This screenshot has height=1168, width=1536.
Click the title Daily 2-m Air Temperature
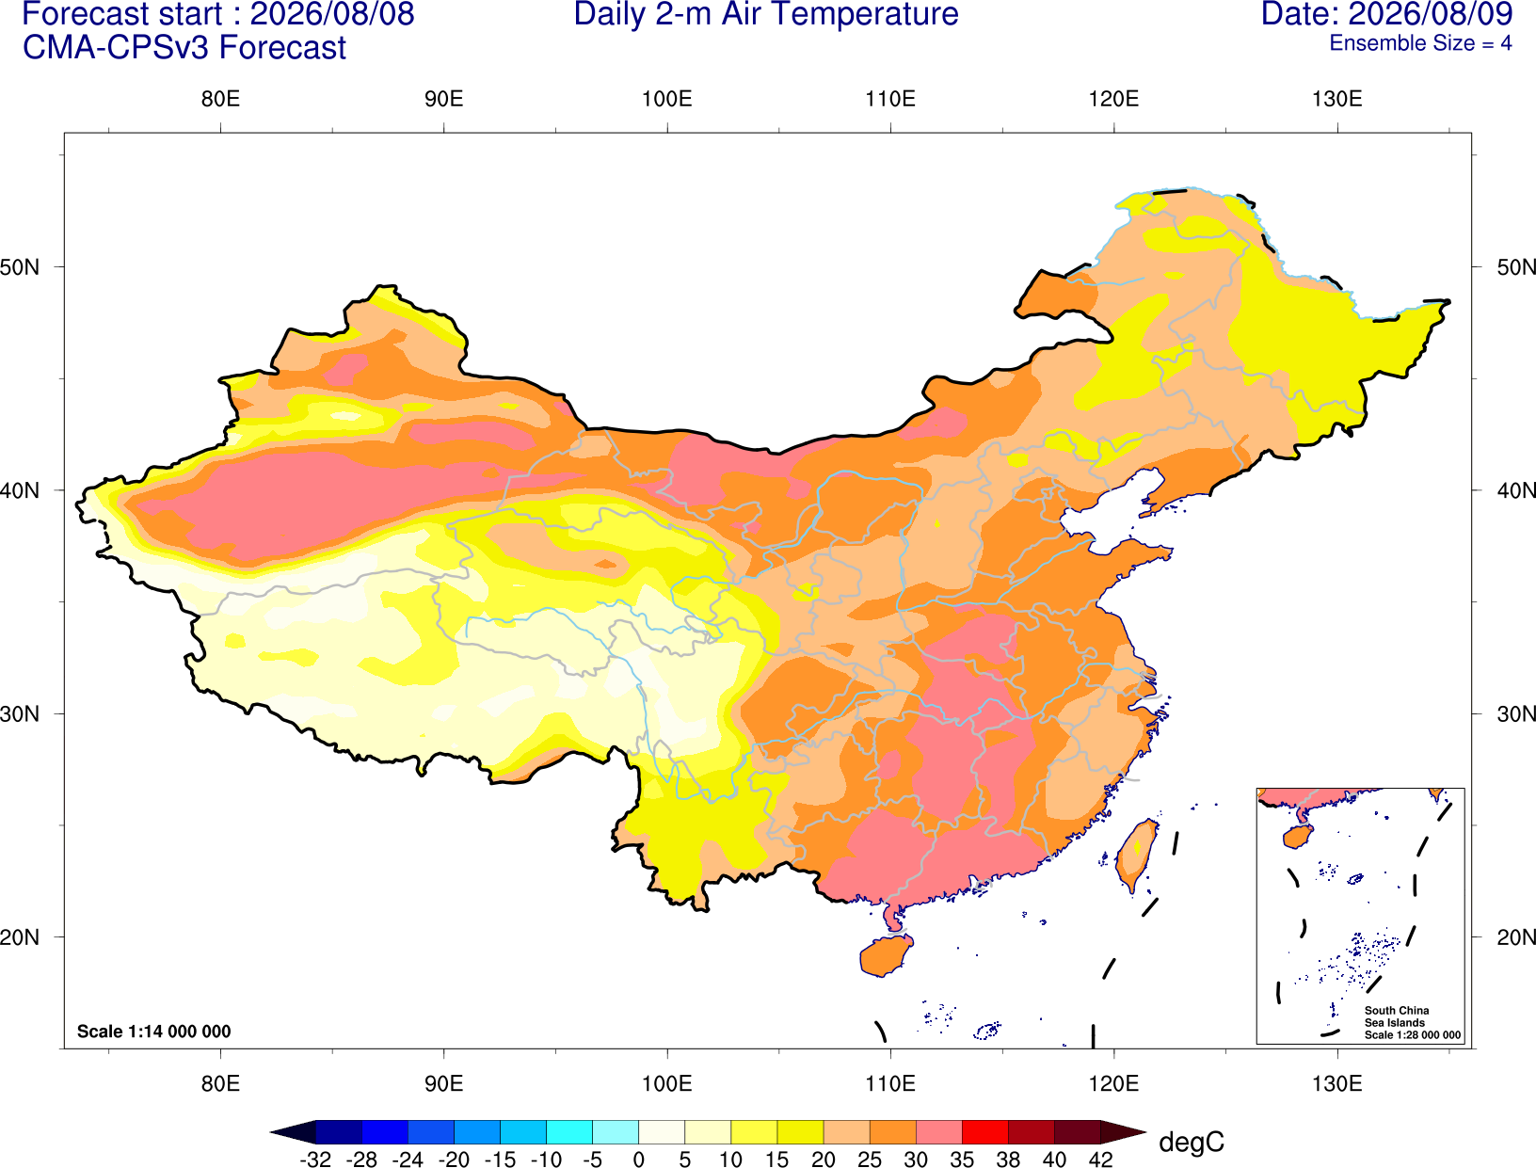pos(765,14)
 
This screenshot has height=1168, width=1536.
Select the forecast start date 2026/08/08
pos(331,14)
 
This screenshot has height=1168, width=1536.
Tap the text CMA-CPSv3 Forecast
pos(184,48)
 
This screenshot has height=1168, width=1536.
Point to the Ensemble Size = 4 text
pos(1420,43)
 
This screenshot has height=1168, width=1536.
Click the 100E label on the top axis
pos(667,99)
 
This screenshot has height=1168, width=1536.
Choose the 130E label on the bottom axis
pos(1336,1084)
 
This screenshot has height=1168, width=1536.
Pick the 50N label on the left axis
pos(20,266)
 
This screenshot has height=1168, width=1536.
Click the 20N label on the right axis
pos(1516,937)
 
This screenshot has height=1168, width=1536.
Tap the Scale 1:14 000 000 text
pos(154,1031)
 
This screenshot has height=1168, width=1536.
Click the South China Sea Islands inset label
pos(1411,1022)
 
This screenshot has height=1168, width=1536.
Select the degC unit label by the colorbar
pos(1191,1142)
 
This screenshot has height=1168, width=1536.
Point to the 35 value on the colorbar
pos(962,1160)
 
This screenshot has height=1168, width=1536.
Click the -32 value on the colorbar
pos(315,1160)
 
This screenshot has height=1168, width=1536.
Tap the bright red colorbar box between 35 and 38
pos(984,1131)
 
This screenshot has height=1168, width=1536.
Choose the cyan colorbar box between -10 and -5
pos(568,1131)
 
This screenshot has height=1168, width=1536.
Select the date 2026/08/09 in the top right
pos(1432,14)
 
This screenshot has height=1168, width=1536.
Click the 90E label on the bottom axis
pos(443,1084)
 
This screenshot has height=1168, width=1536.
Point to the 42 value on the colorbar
pos(1100,1160)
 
